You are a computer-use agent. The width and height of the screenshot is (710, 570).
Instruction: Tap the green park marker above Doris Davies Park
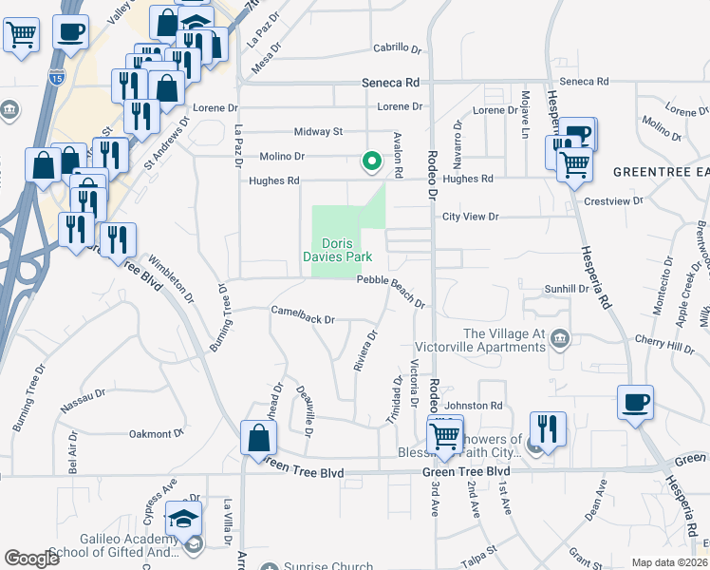pos(371,162)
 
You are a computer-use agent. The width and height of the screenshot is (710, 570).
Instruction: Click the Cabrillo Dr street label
pos(396,47)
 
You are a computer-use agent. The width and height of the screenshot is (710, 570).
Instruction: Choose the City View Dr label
pos(471,217)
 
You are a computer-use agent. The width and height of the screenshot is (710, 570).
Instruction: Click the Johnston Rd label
pos(477,406)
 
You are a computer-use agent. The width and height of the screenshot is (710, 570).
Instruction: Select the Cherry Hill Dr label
pos(667,349)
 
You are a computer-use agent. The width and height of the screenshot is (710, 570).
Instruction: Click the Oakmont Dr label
pos(156,434)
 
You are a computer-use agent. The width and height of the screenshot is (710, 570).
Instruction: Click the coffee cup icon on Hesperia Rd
pos(635,403)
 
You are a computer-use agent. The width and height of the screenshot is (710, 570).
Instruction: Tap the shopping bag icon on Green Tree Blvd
pos(259,439)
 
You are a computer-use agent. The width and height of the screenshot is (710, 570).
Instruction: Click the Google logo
pos(32,560)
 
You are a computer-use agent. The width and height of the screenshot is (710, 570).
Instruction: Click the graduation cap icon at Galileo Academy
pos(183,519)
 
